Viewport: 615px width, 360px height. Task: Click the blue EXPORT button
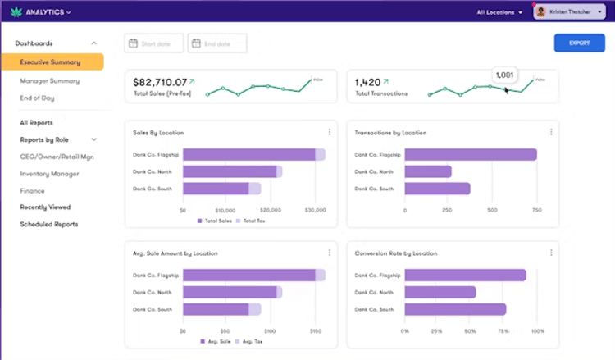pos(579,43)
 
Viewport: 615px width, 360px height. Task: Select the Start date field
pos(154,43)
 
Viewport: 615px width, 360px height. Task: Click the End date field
pos(217,43)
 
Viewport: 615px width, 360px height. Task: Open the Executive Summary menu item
pos(51,62)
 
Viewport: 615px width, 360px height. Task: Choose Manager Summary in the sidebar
pos(50,81)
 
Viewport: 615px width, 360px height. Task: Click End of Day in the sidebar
pos(39,98)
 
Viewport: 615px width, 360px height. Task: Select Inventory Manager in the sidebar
pos(50,174)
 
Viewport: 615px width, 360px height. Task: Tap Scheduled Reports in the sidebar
pos(49,224)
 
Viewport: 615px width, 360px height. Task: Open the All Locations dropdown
pos(499,12)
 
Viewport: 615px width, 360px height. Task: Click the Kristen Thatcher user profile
pos(568,12)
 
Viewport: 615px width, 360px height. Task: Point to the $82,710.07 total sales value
pos(160,82)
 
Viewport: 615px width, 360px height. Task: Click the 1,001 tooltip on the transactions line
pos(504,75)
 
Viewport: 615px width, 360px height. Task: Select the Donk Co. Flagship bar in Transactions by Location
pos(470,154)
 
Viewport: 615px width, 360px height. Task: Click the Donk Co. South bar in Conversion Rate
pos(455,309)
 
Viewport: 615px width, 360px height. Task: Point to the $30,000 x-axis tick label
pos(316,210)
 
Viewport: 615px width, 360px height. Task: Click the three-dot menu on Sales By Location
pos(330,132)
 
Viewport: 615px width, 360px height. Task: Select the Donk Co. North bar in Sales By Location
pos(230,171)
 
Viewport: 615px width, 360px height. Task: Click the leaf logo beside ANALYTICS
pos(13,12)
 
